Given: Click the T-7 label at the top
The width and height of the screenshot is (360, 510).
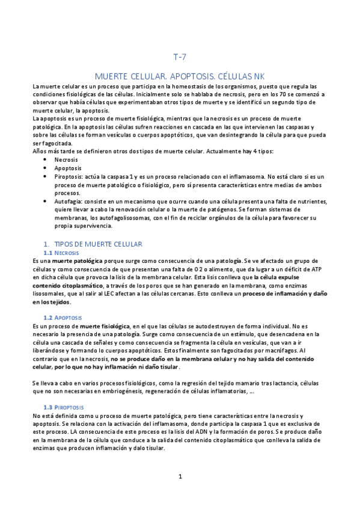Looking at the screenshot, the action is [x=180, y=58].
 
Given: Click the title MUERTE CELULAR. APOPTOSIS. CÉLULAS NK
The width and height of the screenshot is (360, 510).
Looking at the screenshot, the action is [x=180, y=77].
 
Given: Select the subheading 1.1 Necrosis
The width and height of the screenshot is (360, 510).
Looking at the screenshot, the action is [x=66, y=253].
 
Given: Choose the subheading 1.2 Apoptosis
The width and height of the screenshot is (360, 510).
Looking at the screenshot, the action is [x=67, y=317].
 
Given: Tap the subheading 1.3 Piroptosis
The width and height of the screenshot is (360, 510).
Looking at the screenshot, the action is [x=68, y=407].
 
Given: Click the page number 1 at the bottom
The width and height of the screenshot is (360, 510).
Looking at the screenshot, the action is [x=180, y=477].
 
